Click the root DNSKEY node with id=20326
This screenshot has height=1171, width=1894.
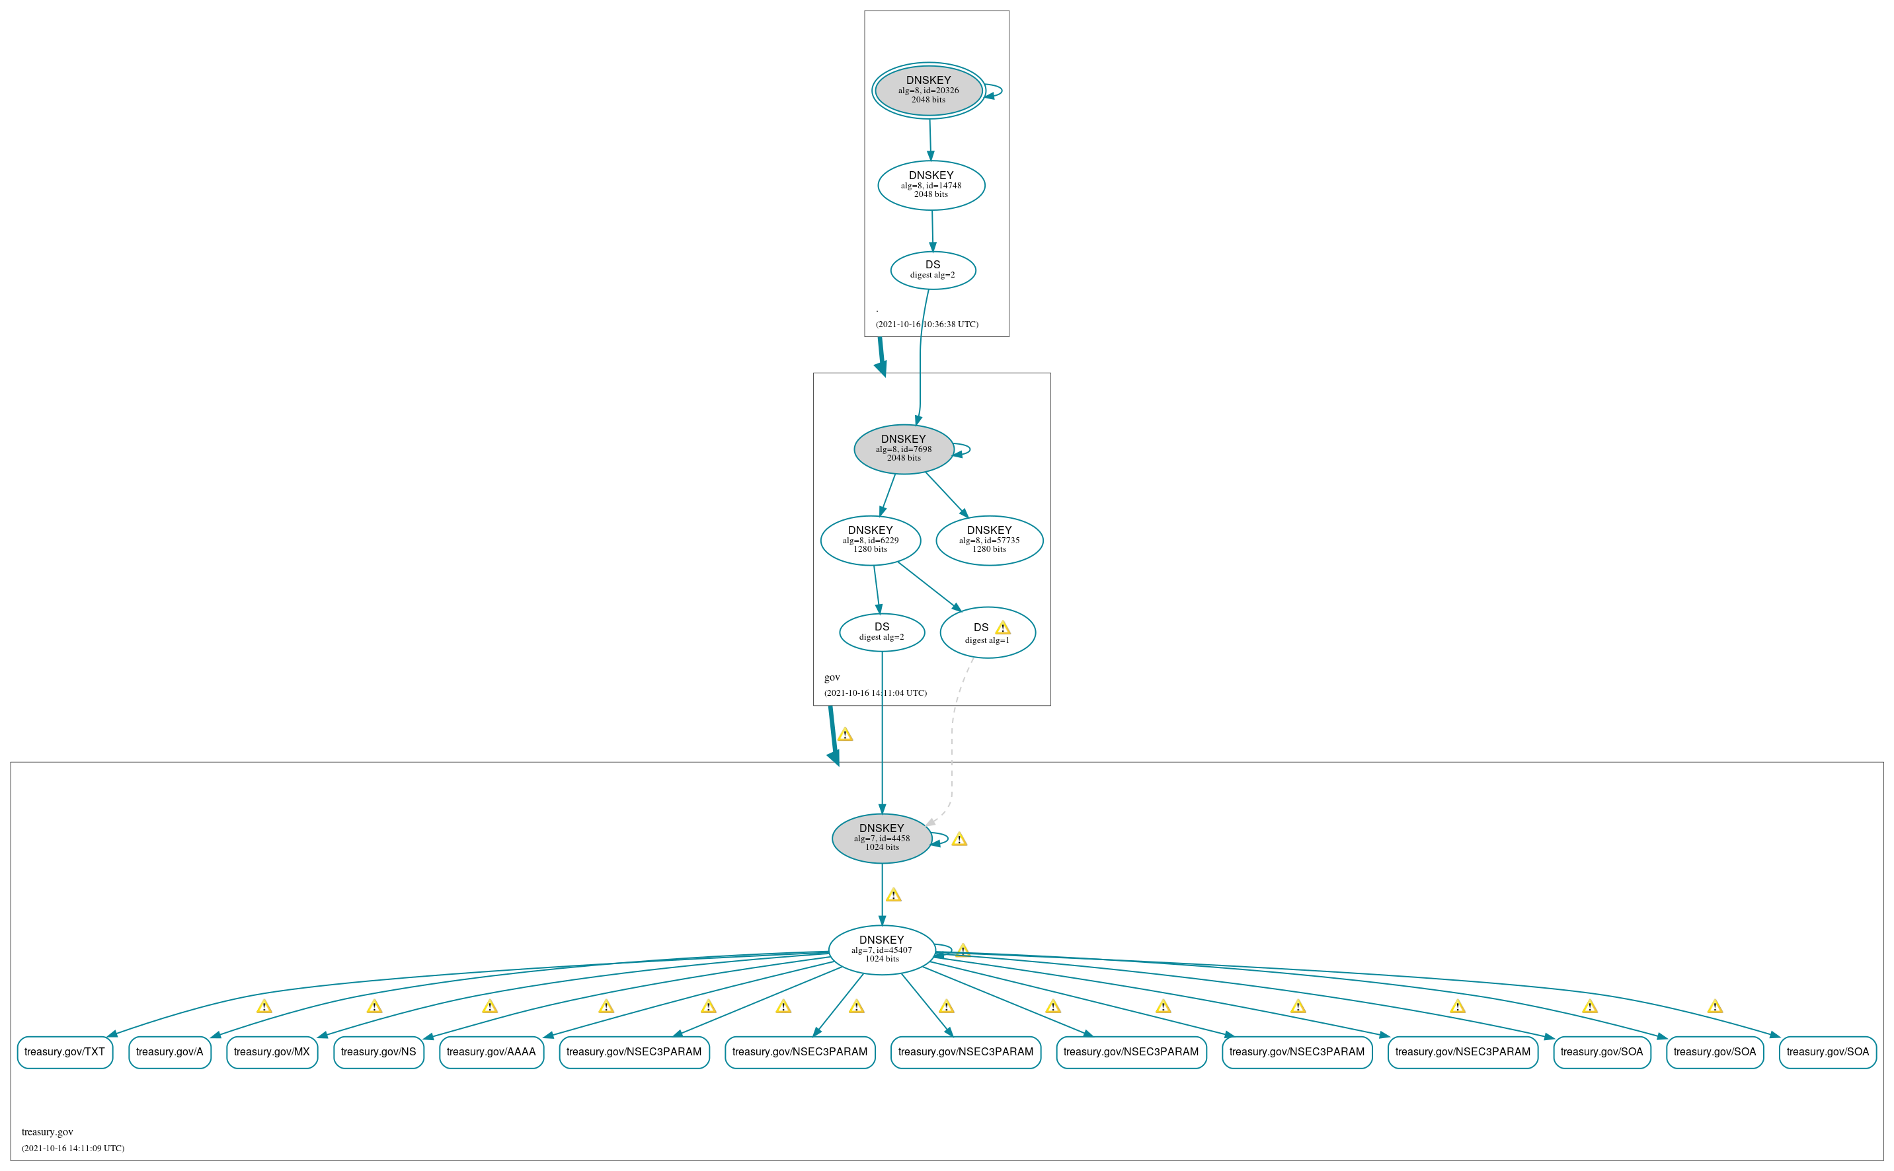pos(928,90)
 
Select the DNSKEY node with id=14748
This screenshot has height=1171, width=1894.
pos(931,185)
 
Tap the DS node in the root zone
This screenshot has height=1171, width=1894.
pos(933,270)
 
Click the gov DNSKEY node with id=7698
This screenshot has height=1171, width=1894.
pos(903,449)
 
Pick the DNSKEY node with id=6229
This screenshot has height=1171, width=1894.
pos(870,540)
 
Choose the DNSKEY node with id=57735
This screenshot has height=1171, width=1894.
pos(989,540)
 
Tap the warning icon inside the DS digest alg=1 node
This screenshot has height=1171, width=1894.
pos(1002,627)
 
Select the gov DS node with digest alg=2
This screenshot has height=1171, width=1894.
pos(881,632)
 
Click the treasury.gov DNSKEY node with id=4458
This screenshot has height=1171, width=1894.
pos(881,838)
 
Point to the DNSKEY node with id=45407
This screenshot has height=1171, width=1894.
pos(881,950)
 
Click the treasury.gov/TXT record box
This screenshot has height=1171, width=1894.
pos(65,1052)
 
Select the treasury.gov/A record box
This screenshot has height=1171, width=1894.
pos(170,1052)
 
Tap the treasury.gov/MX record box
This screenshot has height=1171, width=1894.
pos(272,1052)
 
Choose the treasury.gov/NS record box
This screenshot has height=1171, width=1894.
pos(379,1052)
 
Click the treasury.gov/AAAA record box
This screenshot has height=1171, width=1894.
pos(491,1052)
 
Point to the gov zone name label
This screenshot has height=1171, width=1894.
pos(832,677)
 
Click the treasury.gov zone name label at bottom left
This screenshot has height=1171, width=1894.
pos(47,1131)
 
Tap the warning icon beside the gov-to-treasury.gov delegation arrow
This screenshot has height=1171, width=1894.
pos(845,734)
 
